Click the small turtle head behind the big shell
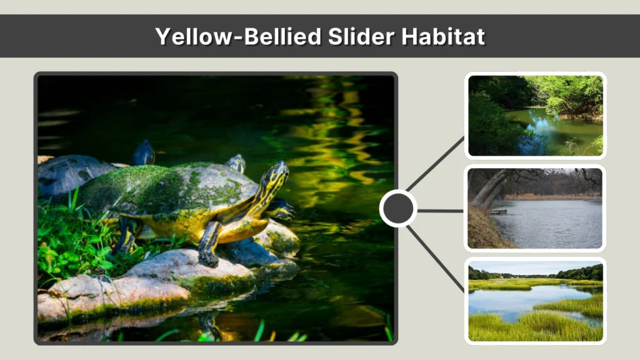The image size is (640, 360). pyautogui.click(x=236, y=163)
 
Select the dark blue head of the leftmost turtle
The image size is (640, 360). pyautogui.click(x=144, y=152)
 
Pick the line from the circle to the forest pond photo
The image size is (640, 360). pyautogui.click(x=436, y=164)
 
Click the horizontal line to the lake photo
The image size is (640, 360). pyautogui.click(x=440, y=211)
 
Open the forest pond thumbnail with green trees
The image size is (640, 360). pyautogui.click(x=535, y=116)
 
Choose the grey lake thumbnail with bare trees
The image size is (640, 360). pyautogui.click(x=535, y=208)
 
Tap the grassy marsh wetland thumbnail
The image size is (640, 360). pyautogui.click(x=535, y=301)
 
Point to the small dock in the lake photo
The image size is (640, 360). pyautogui.click(x=498, y=212)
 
